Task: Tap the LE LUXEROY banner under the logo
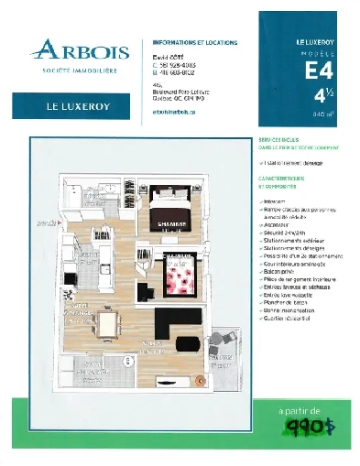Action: point(72,106)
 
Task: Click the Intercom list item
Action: point(276,200)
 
